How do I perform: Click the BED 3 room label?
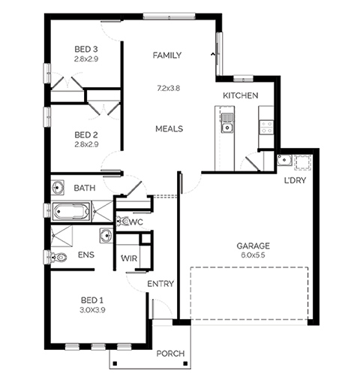click(x=86, y=49)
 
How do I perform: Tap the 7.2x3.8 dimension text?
click(x=168, y=88)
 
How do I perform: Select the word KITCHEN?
click(x=241, y=95)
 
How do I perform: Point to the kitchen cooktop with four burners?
click(x=266, y=127)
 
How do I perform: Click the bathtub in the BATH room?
click(x=71, y=212)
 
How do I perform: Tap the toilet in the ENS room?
click(x=58, y=257)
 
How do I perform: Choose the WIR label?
click(x=129, y=258)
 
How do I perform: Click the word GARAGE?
click(x=253, y=246)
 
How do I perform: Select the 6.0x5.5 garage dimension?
click(x=253, y=255)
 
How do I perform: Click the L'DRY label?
click(x=295, y=180)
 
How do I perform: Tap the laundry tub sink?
click(x=284, y=160)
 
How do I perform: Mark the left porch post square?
click(x=115, y=363)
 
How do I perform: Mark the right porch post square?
click(x=185, y=363)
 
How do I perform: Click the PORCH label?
click(x=170, y=354)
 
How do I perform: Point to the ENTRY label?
click(x=160, y=284)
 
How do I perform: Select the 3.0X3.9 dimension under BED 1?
click(x=92, y=310)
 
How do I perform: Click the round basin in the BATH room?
click(x=58, y=187)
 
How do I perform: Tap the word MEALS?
click(x=169, y=128)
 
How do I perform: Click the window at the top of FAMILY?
click(x=169, y=17)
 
